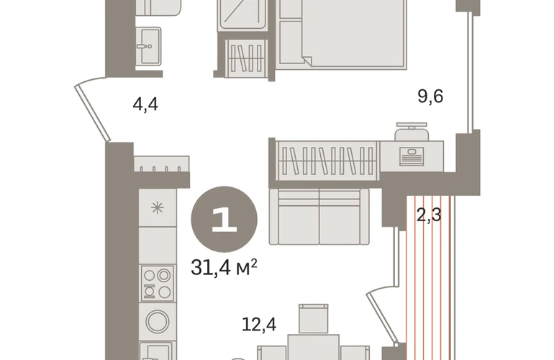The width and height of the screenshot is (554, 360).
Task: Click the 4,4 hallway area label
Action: [145, 104]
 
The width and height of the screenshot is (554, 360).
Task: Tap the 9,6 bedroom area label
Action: [430, 96]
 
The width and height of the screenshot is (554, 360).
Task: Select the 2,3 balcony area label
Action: [429, 215]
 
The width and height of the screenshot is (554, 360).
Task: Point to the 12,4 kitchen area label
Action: [259, 324]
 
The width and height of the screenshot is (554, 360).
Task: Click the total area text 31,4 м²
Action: [224, 267]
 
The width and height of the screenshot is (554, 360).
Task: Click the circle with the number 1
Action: [224, 220]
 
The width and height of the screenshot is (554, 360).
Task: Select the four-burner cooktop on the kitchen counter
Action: [158, 283]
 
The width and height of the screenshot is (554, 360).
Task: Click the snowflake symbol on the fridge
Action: [158, 207]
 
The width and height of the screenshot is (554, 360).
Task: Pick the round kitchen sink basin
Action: [158, 321]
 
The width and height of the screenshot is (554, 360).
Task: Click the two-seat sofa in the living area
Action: [319, 217]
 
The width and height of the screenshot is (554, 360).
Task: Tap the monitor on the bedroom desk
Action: [412, 156]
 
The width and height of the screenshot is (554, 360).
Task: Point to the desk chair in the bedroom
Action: [412, 132]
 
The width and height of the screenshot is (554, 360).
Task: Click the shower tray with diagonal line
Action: [242, 15]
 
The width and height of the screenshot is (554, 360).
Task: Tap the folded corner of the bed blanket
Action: [306, 60]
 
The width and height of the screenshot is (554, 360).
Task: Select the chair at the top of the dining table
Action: [314, 319]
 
